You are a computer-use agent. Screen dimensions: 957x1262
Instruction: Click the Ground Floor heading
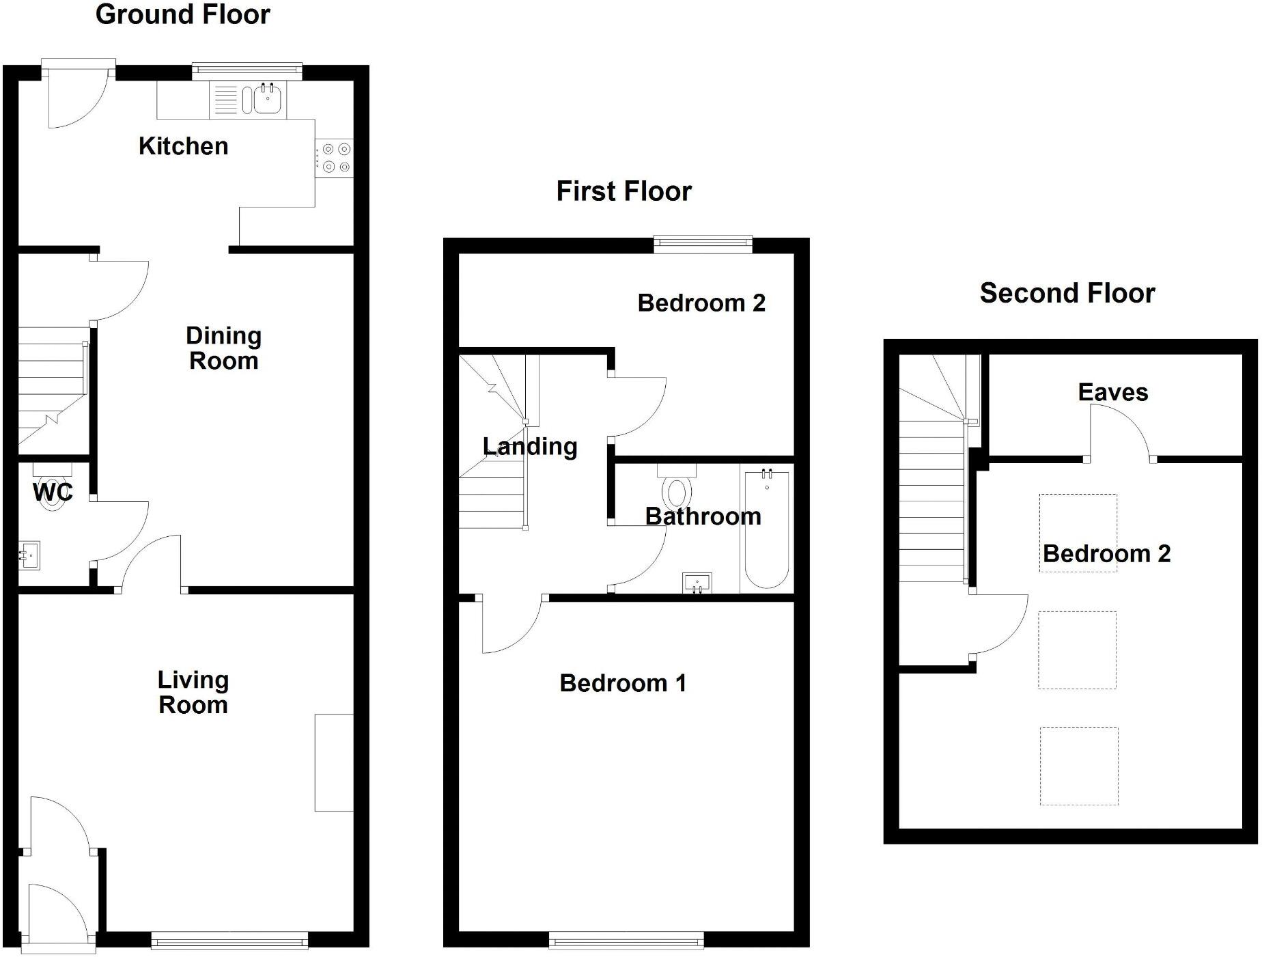tap(182, 14)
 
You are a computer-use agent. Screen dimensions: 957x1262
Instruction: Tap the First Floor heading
tap(623, 191)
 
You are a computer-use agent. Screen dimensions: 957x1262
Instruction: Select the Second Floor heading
tap(1067, 293)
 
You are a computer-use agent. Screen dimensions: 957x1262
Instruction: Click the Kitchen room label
tap(183, 146)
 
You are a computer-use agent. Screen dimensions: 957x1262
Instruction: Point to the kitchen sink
tap(268, 100)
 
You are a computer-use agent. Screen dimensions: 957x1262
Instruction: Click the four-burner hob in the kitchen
tap(334, 158)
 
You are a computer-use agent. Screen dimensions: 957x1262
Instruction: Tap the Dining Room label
tap(223, 348)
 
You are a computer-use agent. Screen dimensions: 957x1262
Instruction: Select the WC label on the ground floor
tap(53, 492)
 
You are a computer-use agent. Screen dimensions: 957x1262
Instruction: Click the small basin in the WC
tap(29, 555)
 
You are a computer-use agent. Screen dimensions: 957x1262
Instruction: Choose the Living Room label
tap(193, 692)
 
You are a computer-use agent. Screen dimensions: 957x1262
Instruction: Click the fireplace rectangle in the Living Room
tap(334, 762)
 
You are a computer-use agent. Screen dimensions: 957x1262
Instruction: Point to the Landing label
tap(530, 447)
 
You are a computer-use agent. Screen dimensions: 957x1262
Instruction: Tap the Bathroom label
tap(703, 516)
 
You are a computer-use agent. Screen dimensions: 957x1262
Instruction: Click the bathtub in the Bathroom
tap(767, 529)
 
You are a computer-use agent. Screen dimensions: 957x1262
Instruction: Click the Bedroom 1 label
tap(623, 683)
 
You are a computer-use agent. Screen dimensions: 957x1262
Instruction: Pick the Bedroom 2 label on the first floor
tap(701, 303)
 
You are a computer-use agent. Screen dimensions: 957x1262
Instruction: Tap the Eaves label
tap(1112, 393)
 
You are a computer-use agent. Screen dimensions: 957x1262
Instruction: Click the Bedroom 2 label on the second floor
tap(1106, 554)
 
